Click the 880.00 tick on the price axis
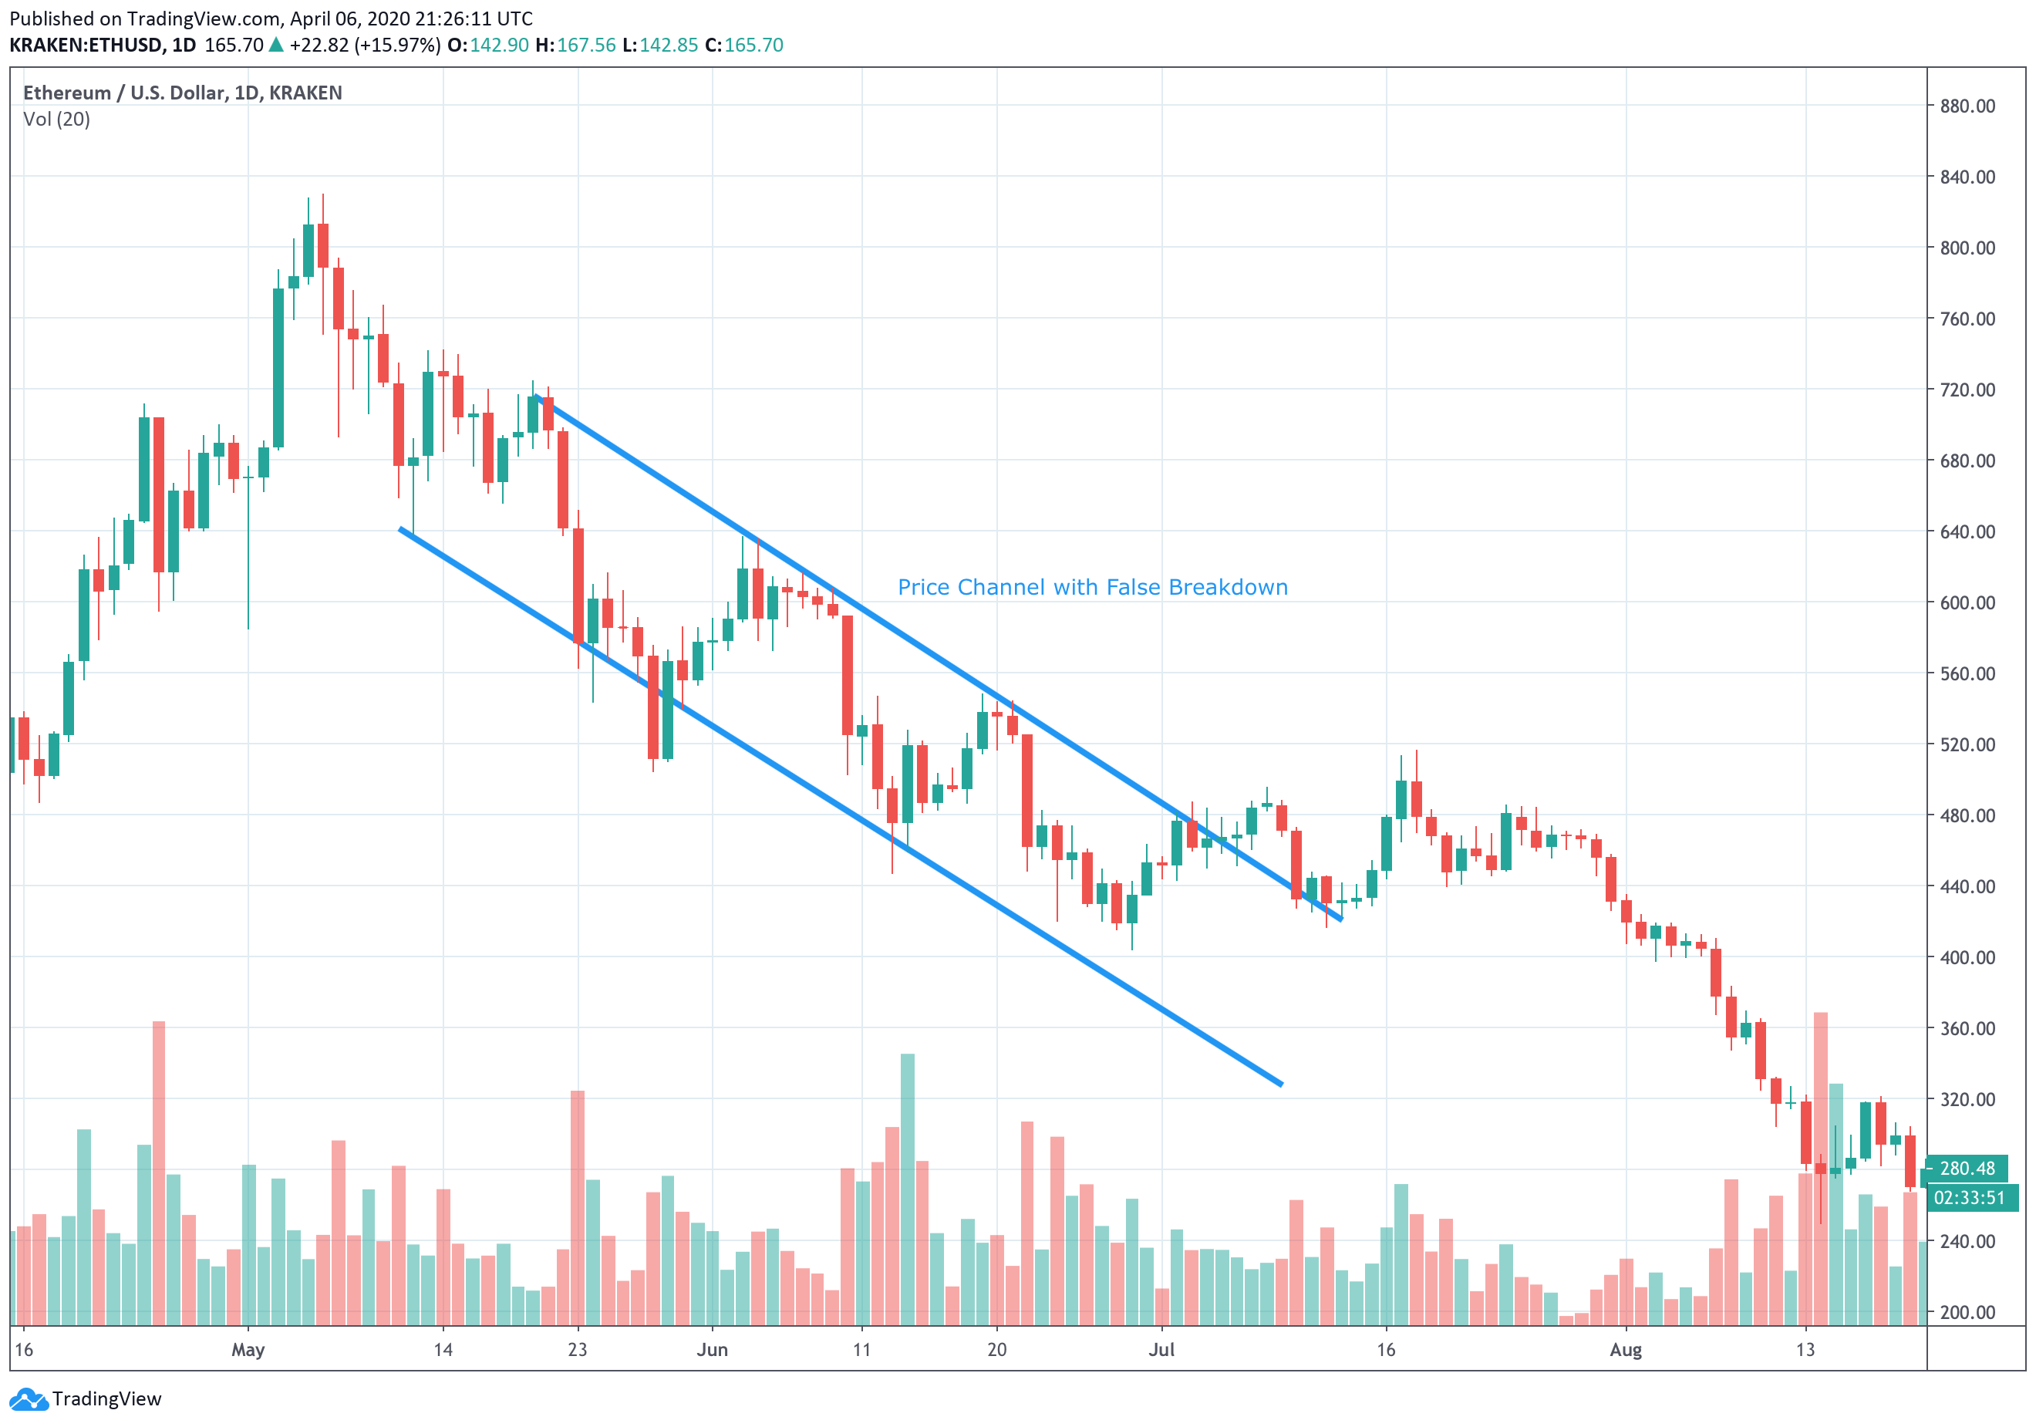tap(1967, 106)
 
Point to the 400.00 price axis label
tap(1967, 958)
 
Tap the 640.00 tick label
tap(1967, 532)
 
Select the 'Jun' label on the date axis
tap(712, 1350)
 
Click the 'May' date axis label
tap(248, 1350)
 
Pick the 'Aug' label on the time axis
tap(1626, 1350)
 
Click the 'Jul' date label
tap(1161, 1350)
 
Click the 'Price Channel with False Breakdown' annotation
tap(1093, 587)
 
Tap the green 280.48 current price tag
tap(1966, 1169)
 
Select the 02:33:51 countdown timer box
tap(1969, 1198)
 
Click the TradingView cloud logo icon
tap(28, 1399)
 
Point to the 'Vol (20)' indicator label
tap(57, 120)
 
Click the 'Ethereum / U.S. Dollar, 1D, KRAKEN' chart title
tap(182, 93)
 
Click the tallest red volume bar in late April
tap(159, 1171)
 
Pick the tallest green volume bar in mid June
tap(907, 1189)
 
